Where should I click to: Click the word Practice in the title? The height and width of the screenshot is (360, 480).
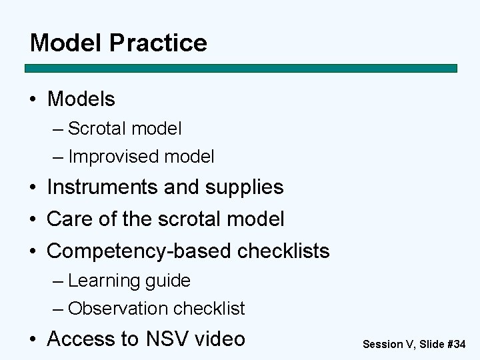[x=158, y=43]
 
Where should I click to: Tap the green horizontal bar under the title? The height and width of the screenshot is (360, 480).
[x=241, y=68]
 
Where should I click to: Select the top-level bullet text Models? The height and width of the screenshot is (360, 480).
[x=81, y=99]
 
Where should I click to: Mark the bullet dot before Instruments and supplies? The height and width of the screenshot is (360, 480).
[x=33, y=188]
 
